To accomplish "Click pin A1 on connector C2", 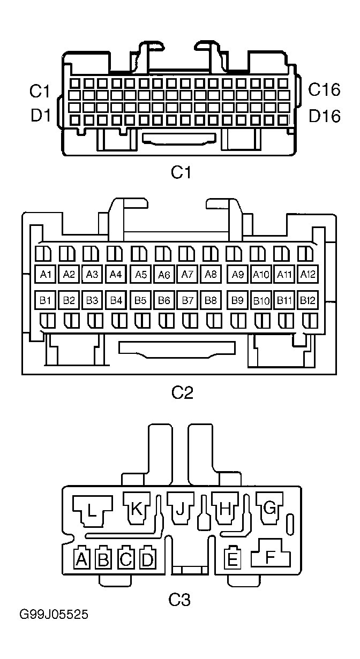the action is pyautogui.click(x=45, y=274).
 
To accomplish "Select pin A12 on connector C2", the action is pyautogui.click(x=307, y=274).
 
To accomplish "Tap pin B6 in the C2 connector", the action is pyautogui.click(x=164, y=300).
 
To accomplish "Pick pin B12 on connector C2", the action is pyautogui.click(x=307, y=300).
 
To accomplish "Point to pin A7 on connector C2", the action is pyautogui.click(x=187, y=274).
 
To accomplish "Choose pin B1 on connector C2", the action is pyautogui.click(x=45, y=300).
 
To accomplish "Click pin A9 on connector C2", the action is pyautogui.click(x=237, y=274).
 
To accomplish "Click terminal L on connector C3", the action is pyautogui.click(x=92, y=511).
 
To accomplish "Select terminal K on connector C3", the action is pyautogui.click(x=136, y=508).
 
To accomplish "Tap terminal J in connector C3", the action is pyautogui.click(x=180, y=508).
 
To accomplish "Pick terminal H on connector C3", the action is pyautogui.click(x=224, y=508).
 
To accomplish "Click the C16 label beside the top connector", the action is pyautogui.click(x=324, y=89).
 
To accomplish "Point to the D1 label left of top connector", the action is pyautogui.click(x=41, y=115).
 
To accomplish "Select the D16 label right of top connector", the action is pyautogui.click(x=325, y=116).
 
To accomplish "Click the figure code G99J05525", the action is pyautogui.click(x=54, y=615).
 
